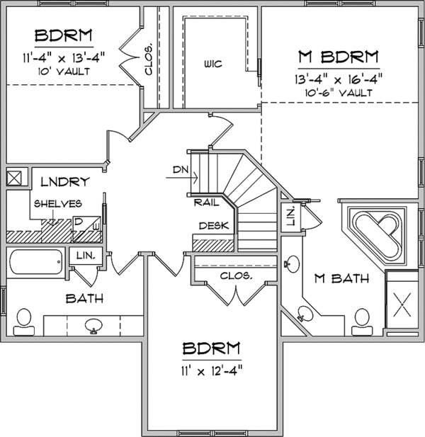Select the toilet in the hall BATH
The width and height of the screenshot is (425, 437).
coord(23,320)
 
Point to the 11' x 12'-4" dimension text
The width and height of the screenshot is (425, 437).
coord(212,370)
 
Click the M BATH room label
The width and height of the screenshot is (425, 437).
coord(344,279)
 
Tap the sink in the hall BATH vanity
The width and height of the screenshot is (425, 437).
coord(92,327)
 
